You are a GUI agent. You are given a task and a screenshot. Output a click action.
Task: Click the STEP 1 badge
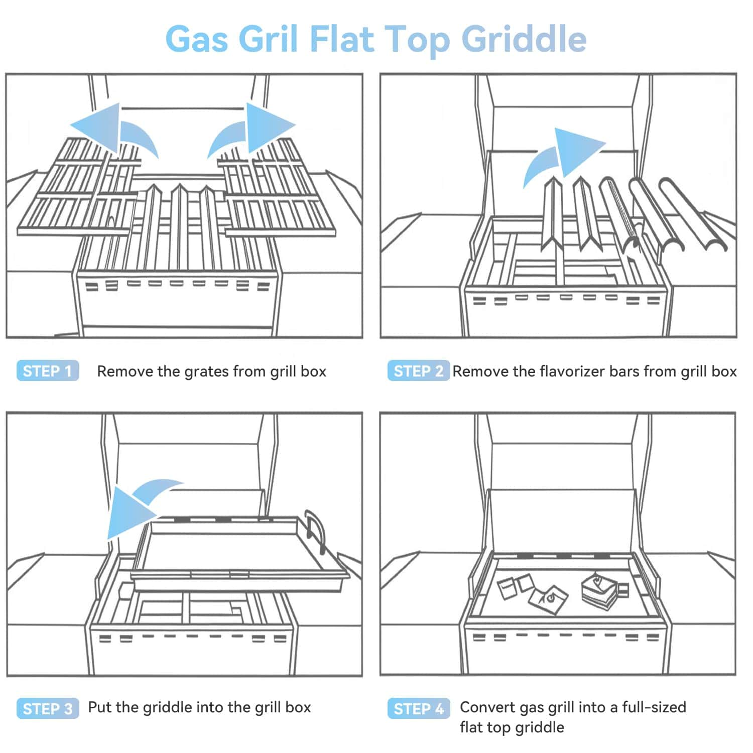coord(48,371)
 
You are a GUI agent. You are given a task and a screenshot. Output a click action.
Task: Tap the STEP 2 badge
coord(418,371)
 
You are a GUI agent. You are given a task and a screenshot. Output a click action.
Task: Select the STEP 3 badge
coord(48,708)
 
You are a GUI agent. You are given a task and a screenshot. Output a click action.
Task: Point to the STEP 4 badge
coord(418,708)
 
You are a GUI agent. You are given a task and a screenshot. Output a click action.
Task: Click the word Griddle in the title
coord(524,39)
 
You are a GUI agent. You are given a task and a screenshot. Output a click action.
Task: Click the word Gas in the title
coord(196,39)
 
